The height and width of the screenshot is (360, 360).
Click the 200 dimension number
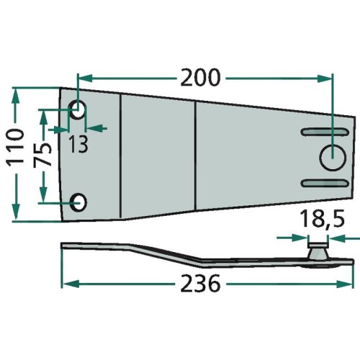(x=200, y=77)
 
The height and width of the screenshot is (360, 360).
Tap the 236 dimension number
(x=200, y=283)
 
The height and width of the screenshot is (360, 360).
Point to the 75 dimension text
(x=42, y=155)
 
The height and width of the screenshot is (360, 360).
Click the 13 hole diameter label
(x=78, y=145)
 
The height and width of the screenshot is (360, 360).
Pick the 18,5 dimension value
(x=322, y=219)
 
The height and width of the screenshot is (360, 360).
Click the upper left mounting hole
(x=78, y=109)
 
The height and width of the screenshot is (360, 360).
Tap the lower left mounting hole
(x=78, y=203)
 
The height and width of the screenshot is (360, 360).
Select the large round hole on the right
(x=333, y=158)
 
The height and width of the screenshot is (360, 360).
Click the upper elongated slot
(x=325, y=132)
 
